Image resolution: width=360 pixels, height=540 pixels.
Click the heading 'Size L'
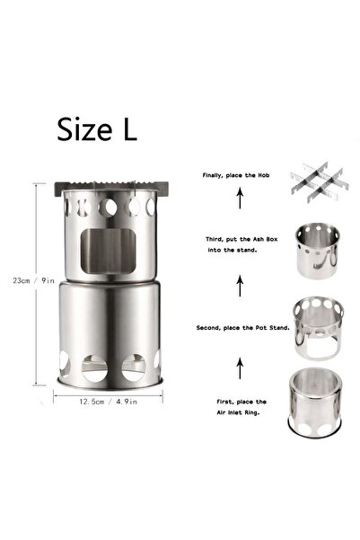pyautogui.click(x=98, y=129)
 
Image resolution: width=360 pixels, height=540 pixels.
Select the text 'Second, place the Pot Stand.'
pyautogui.click(x=238, y=329)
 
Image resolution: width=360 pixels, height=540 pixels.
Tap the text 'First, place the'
pyautogui.click(x=238, y=399)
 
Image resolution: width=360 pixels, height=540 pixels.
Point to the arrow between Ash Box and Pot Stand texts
pyautogui.click(x=238, y=285)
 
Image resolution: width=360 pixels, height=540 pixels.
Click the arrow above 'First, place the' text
pyautogui.click(x=238, y=366)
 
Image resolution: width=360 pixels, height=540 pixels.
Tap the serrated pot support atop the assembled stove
pyautogui.click(x=113, y=187)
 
